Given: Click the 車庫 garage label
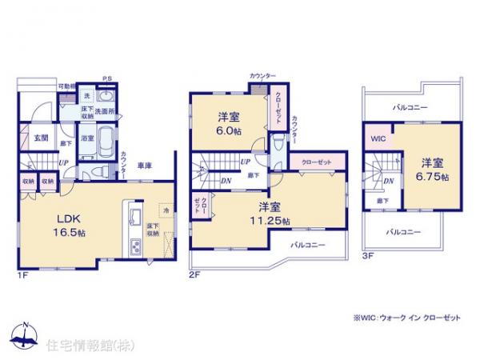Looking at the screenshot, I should [x=145, y=166].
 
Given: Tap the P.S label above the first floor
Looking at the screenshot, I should [x=106, y=78].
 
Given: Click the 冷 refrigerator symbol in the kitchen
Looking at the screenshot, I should [x=166, y=210].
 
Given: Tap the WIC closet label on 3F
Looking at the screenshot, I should [x=377, y=137].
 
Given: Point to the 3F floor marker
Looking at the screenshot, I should [x=368, y=255].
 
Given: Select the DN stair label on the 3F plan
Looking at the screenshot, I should [x=387, y=182].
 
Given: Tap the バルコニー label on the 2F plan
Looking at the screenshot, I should [x=307, y=244].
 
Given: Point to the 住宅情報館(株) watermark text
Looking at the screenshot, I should [x=82, y=345].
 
